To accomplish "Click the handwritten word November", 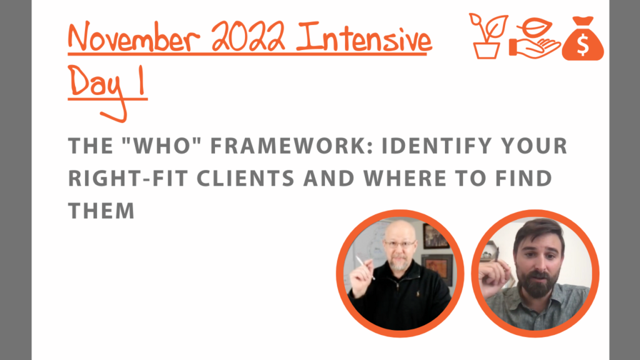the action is (x=134, y=37).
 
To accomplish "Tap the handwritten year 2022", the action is (x=248, y=37).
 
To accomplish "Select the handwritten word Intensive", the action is (x=364, y=37).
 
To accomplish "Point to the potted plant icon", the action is (x=487, y=36).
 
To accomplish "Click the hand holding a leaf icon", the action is (x=534, y=39).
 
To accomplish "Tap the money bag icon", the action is (x=583, y=39).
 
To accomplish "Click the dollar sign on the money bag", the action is (x=583, y=45).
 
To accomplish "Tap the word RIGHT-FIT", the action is (x=127, y=178).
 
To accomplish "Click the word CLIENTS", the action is (x=246, y=178).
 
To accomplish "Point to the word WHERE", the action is (x=405, y=178).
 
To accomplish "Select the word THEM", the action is (x=101, y=211).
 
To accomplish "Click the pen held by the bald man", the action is (x=364, y=267).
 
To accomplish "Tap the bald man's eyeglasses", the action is (x=399, y=244).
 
